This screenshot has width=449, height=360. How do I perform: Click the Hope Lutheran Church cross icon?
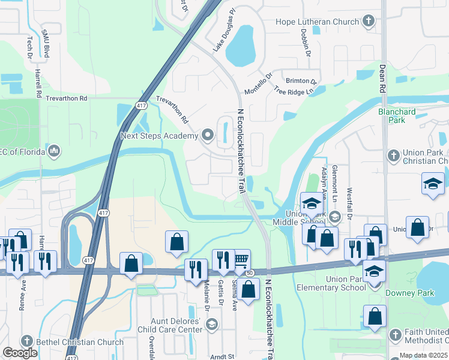click(369, 22)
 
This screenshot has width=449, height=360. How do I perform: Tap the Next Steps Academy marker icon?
click(208, 136)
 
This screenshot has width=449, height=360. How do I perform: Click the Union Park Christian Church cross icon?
click(393, 157)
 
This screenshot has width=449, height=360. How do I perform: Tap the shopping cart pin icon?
click(241, 260)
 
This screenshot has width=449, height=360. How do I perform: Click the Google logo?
click(20, 353)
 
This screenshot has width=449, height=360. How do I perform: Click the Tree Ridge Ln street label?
click(294, 91)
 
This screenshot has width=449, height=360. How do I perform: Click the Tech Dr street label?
click(29, 47)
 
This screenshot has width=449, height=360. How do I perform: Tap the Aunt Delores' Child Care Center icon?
click(211, 325)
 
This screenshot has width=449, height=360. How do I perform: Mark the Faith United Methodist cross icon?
click(395, 334)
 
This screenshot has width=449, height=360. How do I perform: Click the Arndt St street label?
click(222, 356)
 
